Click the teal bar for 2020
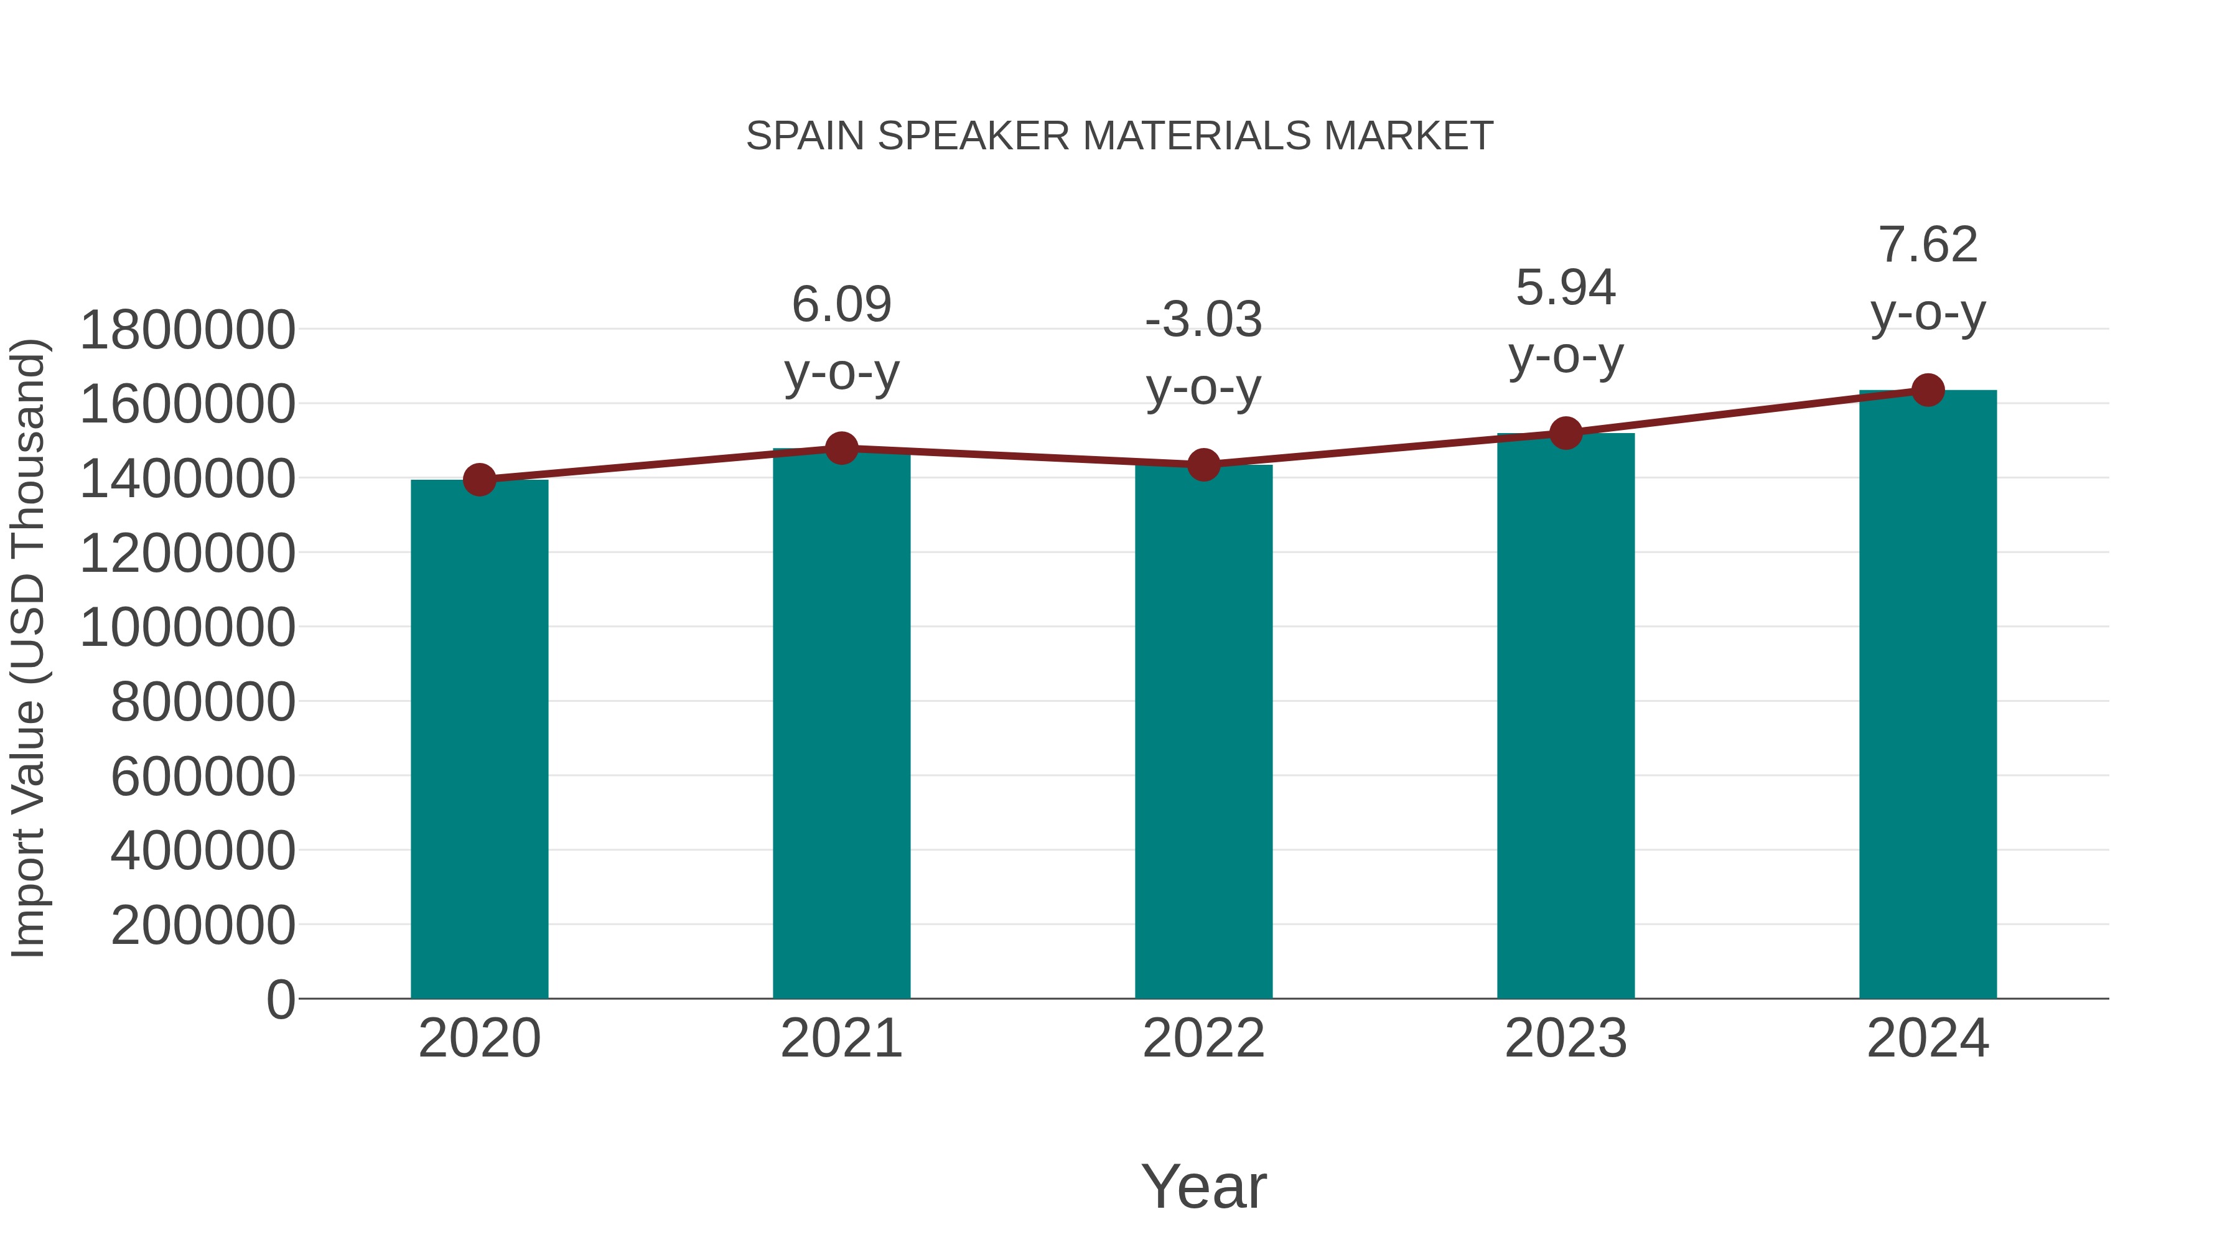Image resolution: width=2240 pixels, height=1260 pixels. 479,739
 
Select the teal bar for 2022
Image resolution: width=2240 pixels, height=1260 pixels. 1203,731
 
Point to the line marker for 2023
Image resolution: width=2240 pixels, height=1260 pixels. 1566,433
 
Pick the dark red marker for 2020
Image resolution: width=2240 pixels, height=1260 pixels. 479,480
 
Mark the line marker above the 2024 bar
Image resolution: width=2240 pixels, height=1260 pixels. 1928,390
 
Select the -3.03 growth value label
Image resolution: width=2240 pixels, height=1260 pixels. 1203,320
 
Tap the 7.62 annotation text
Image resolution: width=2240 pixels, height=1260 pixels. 1928,245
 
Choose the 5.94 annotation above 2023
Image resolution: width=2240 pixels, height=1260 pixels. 1566,288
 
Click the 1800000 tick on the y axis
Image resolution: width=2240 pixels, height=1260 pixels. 187,330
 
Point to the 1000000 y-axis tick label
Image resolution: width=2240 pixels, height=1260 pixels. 187,628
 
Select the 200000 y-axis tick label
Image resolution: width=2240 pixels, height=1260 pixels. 203,925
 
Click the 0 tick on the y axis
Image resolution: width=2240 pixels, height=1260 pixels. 281,999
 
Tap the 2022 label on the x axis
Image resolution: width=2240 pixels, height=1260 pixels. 1203,1038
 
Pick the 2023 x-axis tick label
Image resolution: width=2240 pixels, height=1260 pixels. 1566,1038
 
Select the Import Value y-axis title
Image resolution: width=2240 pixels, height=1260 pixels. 29,648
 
